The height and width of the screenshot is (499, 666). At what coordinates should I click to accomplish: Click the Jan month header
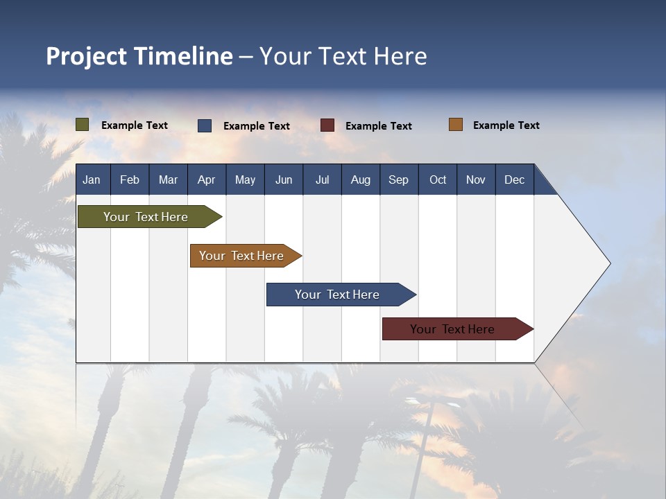point(92,180)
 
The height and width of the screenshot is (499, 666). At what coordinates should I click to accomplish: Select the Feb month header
point(130,180)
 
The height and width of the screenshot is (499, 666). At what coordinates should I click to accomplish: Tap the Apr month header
point(206,180)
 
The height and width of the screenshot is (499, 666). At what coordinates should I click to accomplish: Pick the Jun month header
point(284,180)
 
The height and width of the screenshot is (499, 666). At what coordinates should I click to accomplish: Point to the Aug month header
point(361,180)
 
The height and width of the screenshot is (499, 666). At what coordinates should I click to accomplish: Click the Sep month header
point(398,180)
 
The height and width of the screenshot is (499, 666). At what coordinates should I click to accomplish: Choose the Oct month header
point(438,180)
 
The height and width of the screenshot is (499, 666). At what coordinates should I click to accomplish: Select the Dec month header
point(515,180)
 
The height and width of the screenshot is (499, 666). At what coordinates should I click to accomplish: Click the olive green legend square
point(83,125)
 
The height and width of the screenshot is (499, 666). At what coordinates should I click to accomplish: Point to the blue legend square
point(205,125)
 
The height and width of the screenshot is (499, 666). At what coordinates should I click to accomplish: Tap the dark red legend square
point(327,125)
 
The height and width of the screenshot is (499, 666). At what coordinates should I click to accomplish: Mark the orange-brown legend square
point(456,125)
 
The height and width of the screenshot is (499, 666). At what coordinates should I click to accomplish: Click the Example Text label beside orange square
point(506,125)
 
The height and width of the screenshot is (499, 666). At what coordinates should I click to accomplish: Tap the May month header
point(245,180)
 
